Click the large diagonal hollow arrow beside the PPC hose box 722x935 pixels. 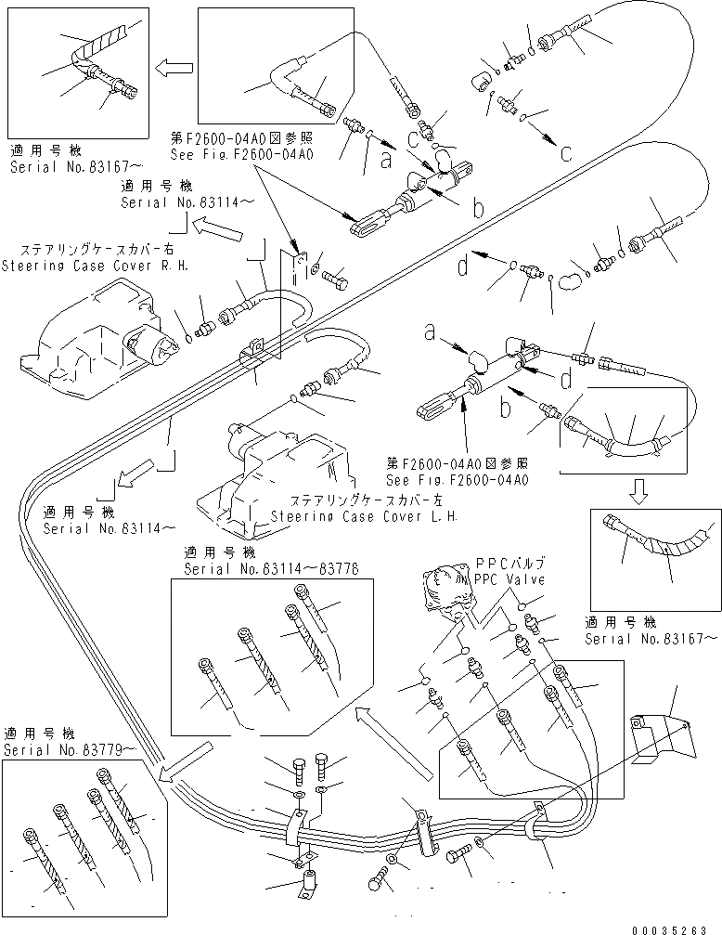393,738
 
